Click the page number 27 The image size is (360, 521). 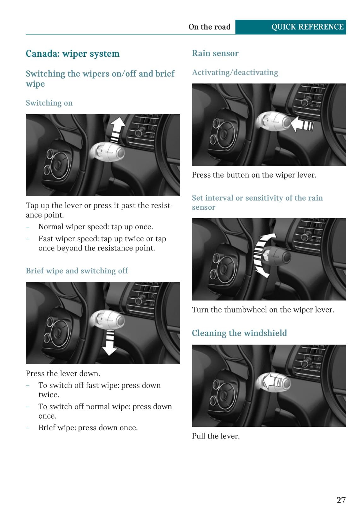click(x=341, y=500)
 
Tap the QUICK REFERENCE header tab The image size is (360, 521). click(x=290, y=27)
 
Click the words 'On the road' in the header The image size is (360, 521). click(x=209, y=27)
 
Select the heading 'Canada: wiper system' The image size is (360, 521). click(x=73, y=54)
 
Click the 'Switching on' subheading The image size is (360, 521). click(x=49, y=103)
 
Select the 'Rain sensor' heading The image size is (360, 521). click(x=215, y=53)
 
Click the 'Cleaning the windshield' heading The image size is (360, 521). click(x=239, y=333)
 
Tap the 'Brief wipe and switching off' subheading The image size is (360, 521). click(x=77, y=271)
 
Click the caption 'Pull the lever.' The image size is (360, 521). click(x=216, y=436)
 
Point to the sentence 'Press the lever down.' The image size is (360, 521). click(x=63, y=373)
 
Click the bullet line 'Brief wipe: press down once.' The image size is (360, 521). click(x=88, y=427)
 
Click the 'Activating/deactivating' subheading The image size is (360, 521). click(x=235, y=72)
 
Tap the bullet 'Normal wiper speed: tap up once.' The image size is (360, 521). click(x=96, y=226)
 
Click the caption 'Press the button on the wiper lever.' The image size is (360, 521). click(x=254, y=175)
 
